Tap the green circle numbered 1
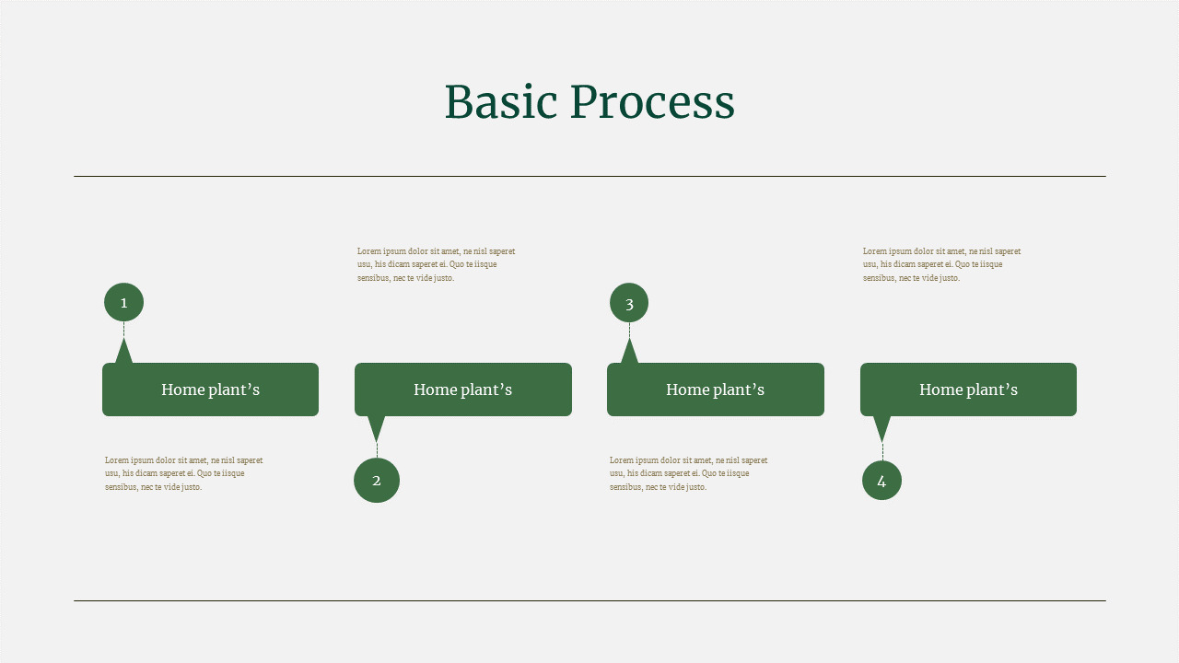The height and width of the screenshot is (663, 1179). click(123, 302)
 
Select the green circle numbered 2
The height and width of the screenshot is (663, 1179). click(377, 480)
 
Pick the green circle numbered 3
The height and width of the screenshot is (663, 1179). click(629, 302)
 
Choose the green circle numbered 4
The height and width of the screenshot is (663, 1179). click(881, 480)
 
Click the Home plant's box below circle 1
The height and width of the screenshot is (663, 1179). click(210, 390)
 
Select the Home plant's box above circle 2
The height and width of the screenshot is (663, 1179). click(462, 390)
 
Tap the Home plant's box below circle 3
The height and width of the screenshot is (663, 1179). click(715, 390)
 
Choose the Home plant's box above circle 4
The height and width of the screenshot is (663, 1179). click(968, 390)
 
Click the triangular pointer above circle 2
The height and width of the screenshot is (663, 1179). click(376, 426)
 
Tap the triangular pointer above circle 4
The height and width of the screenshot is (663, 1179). click(881, 426)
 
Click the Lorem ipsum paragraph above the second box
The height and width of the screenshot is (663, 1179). click(436, 264)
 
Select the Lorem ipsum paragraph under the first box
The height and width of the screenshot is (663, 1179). click(183, 473)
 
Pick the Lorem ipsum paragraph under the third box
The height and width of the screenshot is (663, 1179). click(688, 473)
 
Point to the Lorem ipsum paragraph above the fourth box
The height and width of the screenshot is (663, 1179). click(941, 264)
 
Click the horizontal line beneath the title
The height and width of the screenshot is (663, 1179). click(589, 176)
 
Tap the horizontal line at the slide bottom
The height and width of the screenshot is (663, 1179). click(589, 600)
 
